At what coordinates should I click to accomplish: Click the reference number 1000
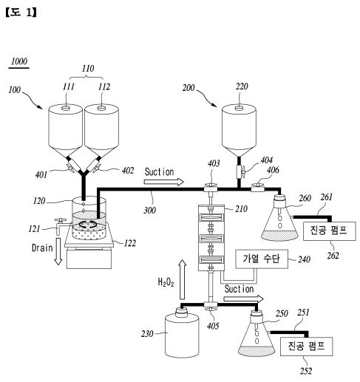19,61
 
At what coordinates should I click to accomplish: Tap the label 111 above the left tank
69,86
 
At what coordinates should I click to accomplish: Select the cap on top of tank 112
101,108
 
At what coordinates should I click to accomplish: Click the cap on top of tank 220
239,108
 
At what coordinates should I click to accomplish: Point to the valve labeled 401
71,168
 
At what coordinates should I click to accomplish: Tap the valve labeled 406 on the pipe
257,188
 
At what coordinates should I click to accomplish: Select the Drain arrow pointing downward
58,251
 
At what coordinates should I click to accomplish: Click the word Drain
42,248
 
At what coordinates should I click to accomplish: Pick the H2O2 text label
166,282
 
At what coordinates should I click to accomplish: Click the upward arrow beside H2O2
183,279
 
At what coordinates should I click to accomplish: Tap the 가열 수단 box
262,259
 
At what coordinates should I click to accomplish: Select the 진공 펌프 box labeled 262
330,231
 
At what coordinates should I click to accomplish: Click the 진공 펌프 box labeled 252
307,347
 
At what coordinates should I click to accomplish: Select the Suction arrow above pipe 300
164,182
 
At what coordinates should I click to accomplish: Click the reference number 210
241,209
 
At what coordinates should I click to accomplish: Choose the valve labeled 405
211,307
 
